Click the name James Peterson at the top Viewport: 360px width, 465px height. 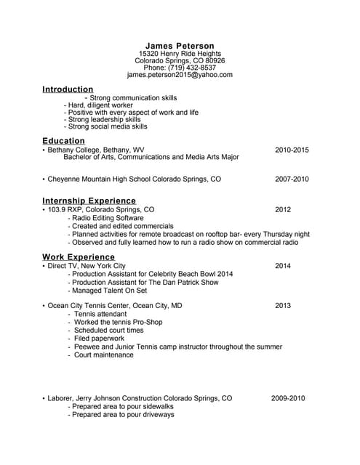pos(180,46)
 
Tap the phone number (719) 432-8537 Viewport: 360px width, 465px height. pos(180,68)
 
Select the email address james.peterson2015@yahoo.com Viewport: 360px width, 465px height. pos(180,75)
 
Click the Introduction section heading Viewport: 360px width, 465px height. pos(68,89)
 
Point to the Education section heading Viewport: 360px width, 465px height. pos(63,141)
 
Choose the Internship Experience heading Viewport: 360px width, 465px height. pos(89,201)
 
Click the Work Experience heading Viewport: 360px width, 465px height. pos(78,257)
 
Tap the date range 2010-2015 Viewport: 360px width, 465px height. pos(292,150)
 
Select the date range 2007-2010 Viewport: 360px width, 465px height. pos(292,179)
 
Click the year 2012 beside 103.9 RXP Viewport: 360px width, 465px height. pos(283,210)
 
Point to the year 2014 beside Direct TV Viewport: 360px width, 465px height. pos(283,267)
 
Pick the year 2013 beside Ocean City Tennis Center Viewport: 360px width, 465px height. pos(283,306)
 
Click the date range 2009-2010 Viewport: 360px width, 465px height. pos(288,399)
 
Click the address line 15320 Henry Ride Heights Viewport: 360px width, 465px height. pos(180,54)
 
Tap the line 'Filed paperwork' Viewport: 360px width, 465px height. pos(99,339)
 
